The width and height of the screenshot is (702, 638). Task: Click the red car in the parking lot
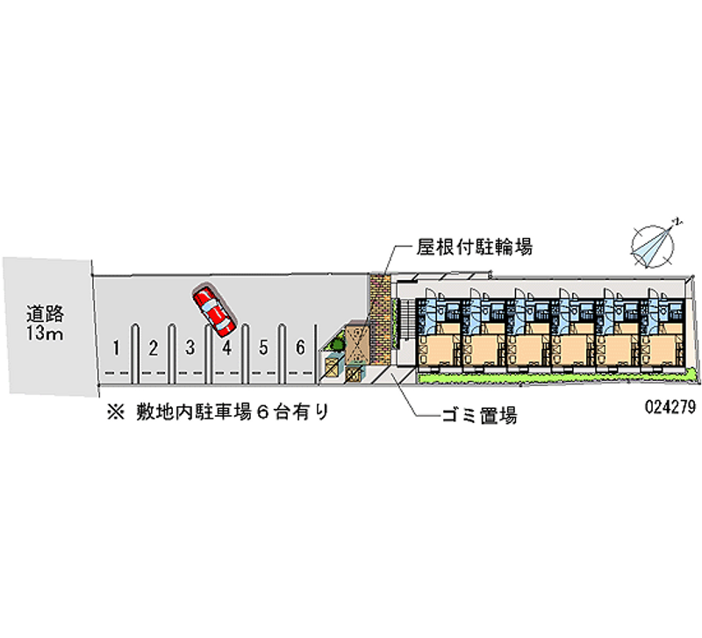(213, 311)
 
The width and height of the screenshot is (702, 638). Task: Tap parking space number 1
(116, 348)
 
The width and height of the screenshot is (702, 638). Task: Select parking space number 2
(153, 348)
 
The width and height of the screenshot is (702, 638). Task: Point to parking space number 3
(190, 348)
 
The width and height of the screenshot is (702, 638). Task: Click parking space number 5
(263, 348)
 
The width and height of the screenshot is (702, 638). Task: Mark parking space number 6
(300, 348)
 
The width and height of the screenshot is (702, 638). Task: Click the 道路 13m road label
(45, 322)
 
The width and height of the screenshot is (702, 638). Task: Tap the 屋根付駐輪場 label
(474, 247)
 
